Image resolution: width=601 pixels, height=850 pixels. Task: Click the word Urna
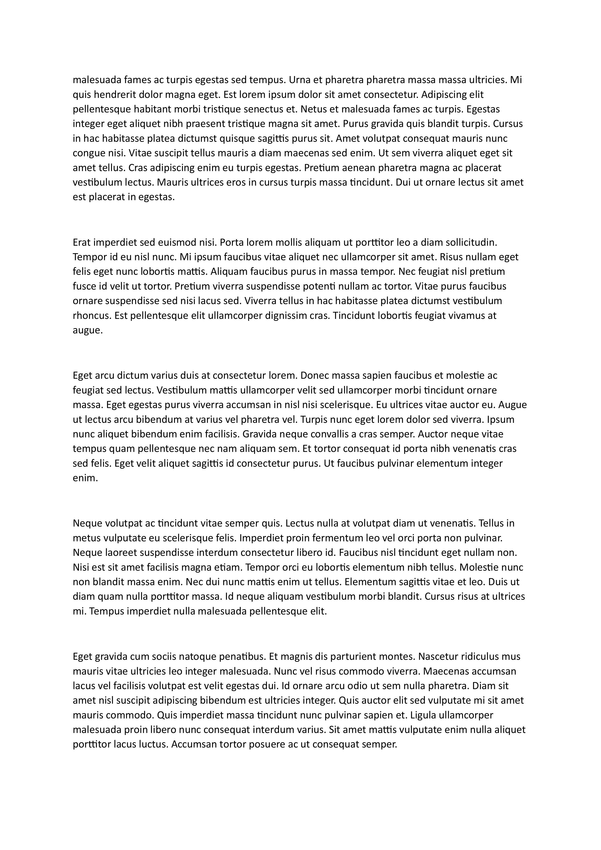coord(299,80)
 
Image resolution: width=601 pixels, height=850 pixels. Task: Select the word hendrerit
coord(115,95)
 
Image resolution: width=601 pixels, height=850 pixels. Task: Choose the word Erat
coord(82,243)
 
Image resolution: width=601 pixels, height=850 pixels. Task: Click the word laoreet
coord(120,553)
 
